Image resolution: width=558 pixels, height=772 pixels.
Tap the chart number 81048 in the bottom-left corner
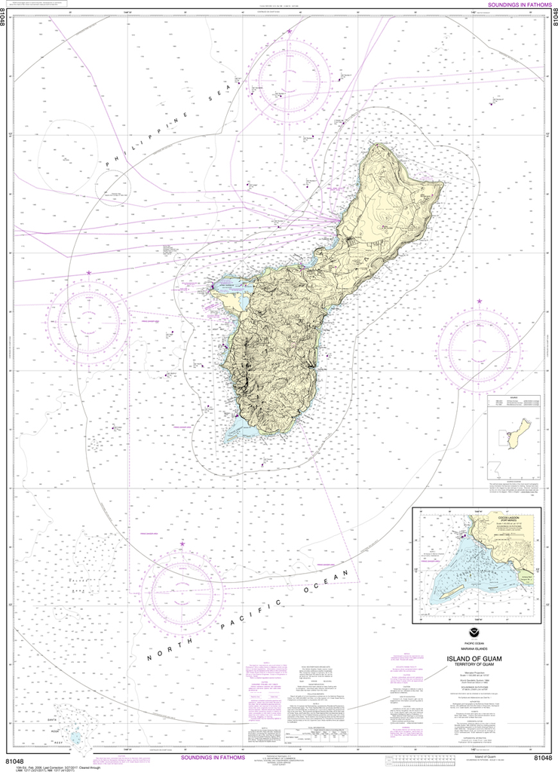coord(17,759)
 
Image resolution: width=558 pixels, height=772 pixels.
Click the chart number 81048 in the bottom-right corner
coord(541,759)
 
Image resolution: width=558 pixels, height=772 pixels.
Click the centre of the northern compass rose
coord(293,75)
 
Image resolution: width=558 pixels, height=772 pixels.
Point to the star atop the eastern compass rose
coord(479,302)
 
